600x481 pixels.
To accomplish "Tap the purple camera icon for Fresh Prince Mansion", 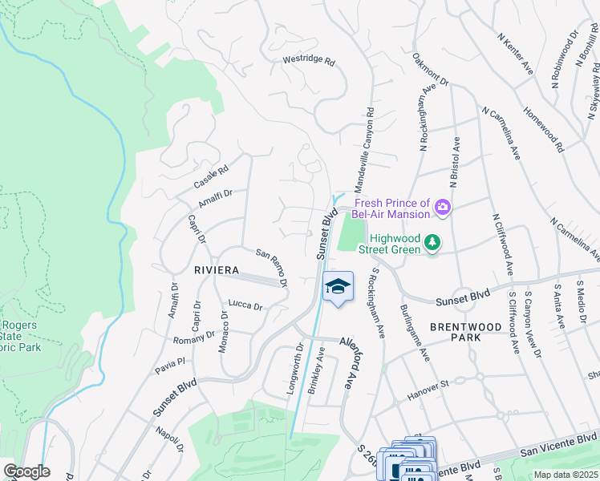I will pyautogui.click(x=441, y=209).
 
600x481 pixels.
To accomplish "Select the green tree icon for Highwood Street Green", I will pyautogui.click(x=432, y=241).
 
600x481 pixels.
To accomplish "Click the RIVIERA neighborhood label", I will pyautogui.click(x=217, y=271).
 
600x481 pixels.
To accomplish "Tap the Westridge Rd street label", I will pyautogui.click(x=309, y=61).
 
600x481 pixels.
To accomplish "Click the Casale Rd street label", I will pyautogui.click(x=211, y=177).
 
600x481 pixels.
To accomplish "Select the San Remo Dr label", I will pyautogui.click(x=272, y=266).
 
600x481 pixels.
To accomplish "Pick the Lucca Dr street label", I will pyautogui.click(x=245, y=305).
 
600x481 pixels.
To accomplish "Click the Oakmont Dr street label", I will pyautogui.click(x=431, y=71).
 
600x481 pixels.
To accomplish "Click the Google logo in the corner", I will pyautogui.click(x=26, y=471).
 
